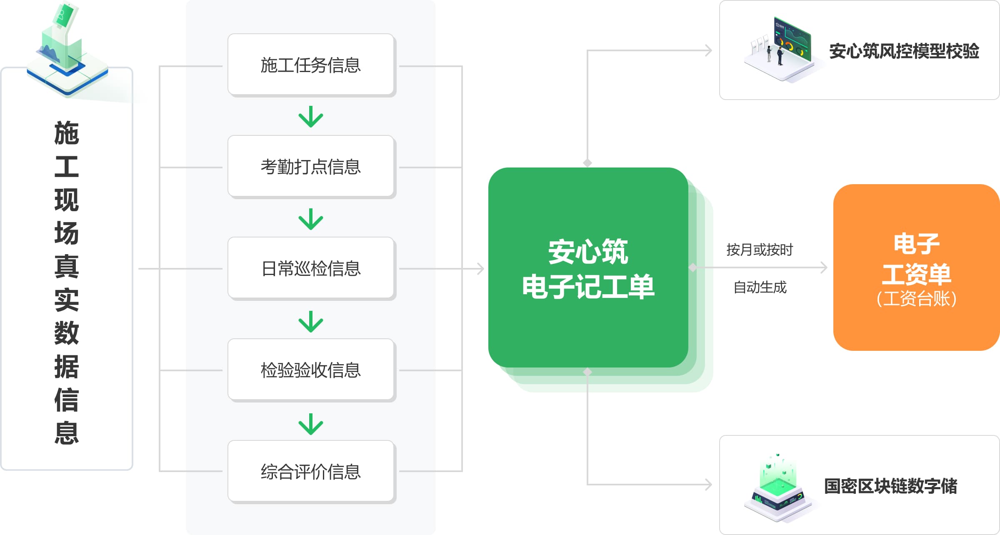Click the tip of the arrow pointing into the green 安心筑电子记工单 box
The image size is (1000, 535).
(484, 269)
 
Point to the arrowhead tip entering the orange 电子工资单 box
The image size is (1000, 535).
(827, 267)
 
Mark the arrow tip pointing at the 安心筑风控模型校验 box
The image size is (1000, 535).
(712, 51)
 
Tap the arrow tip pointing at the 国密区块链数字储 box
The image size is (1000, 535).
(712, 485)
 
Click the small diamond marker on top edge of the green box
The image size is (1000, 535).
(587, 163)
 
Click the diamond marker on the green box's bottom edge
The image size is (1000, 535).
(587, 372)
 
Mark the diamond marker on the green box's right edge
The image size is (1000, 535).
(693, 267)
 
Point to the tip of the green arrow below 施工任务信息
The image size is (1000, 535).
(311, 127)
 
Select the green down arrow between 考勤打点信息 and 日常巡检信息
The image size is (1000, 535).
(311, 219)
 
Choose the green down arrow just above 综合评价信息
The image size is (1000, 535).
(311, 424)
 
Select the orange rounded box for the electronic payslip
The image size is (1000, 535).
(916, 267)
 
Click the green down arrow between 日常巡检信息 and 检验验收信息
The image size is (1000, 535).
(311, 322)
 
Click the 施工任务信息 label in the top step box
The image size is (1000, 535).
(311, 65)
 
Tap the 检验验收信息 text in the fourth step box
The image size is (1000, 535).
(311, 370)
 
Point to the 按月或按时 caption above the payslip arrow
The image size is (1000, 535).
(760, 250)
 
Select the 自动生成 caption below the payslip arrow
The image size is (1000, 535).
(760, 287)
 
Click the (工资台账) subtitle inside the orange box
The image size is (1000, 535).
(916, 299)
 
